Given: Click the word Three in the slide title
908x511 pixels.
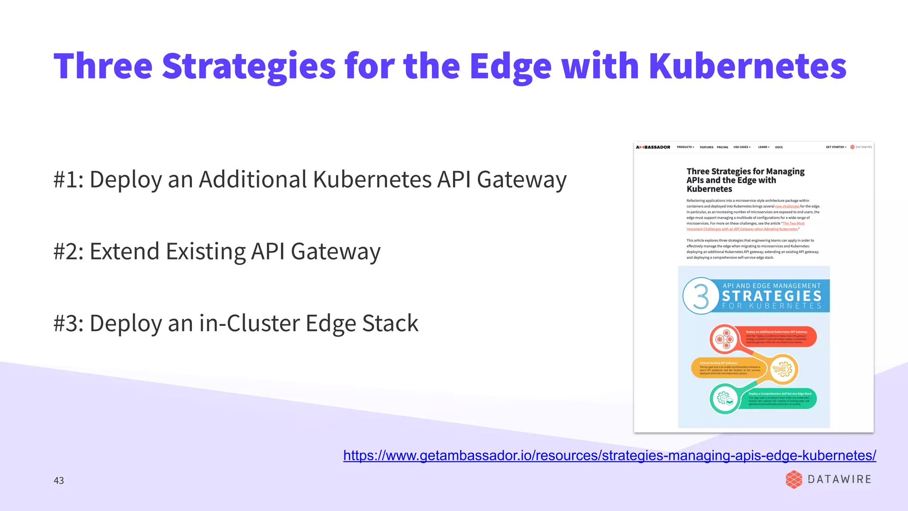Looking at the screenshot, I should click(103, 67).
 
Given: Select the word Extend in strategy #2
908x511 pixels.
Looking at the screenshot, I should click(124, 252).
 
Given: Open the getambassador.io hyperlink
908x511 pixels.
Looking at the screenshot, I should click(609, 456).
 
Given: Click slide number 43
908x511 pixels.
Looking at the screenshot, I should click(59, 480).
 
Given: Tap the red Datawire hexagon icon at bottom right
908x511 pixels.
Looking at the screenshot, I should click(794, 480).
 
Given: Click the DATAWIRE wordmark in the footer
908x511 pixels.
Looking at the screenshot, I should click(839, 480).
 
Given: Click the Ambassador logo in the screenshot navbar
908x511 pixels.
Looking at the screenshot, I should click(653, 147).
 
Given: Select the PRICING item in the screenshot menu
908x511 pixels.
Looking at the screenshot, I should click(722, 147).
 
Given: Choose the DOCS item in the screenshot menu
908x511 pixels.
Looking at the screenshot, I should click(779, 147).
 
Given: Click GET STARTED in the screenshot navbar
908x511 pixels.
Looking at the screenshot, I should click(835, 147).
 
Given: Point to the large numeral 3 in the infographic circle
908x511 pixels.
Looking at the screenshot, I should click(701, 296).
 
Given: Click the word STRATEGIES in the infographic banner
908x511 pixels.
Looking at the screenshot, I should click(771, 296).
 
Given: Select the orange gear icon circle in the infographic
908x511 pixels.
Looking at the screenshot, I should click(783, 369).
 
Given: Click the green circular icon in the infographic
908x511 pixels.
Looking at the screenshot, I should click(724, 399).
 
